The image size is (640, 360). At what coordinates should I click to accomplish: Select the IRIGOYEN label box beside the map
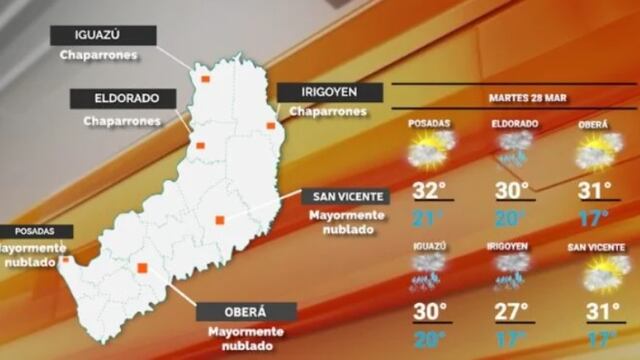pos(328,92)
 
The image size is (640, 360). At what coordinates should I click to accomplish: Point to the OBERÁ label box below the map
pos(245,311)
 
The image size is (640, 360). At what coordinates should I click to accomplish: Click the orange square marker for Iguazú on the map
pos(204,77)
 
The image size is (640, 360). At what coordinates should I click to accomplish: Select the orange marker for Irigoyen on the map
pos(270,125)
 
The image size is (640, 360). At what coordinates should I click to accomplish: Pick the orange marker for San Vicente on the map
pos(220,220)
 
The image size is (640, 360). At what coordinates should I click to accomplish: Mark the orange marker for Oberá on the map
pos(143,267)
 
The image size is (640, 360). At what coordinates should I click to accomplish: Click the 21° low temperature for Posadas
pos(428,218)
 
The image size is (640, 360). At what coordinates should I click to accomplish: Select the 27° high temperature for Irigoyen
pos(512,310)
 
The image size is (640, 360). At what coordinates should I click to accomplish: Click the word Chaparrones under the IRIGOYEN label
pos(328,112)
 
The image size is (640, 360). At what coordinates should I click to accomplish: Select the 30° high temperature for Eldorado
pos(512,191)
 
